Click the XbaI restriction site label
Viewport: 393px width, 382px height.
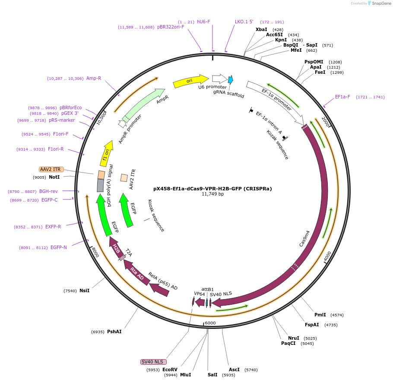261,29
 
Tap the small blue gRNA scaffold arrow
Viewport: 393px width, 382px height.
231,80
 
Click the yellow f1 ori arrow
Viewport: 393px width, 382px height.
106,153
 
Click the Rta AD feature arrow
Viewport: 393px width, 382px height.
137,274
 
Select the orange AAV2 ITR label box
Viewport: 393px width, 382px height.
51,169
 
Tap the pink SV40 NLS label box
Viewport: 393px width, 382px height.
153,362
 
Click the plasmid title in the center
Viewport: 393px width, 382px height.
212,189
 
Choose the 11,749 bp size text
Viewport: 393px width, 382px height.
212,194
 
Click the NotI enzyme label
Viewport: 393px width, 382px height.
54,177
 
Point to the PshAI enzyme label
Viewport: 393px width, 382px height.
114,332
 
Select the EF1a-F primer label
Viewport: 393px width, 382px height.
342,97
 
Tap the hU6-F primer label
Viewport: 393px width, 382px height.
203,22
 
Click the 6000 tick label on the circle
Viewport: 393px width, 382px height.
210,323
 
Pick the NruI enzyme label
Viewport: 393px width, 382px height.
294,338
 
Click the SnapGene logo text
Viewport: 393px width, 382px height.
381,3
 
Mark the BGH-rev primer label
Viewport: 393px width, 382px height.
48,191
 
